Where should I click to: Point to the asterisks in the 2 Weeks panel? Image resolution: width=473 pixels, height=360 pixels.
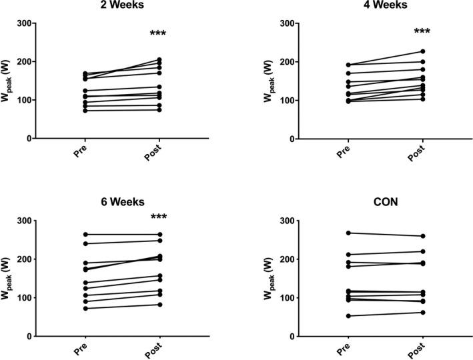[x=157, y=33]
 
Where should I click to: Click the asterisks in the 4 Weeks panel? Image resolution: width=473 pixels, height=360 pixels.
[x=422, y=33]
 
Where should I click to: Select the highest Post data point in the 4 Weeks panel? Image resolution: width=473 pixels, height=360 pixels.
[x=422, y=51]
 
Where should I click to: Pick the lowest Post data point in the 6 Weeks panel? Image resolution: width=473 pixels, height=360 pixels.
[x=159, y=305]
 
